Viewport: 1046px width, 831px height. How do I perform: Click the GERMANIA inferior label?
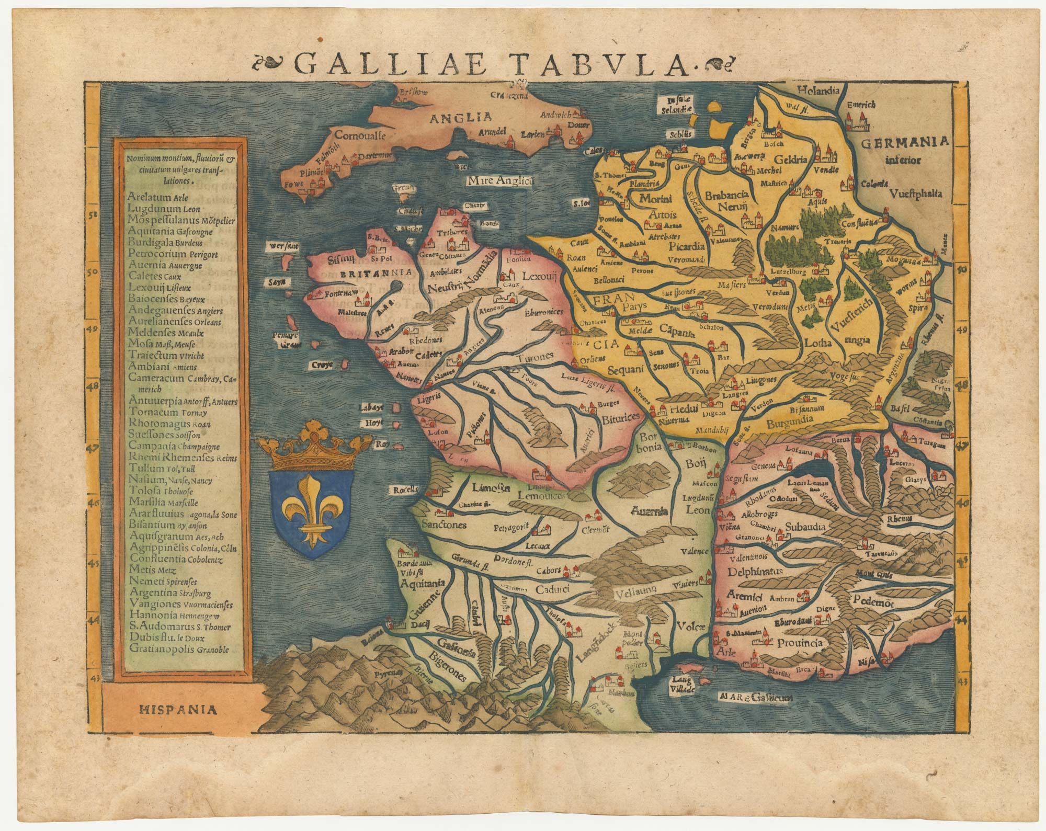[x=906, y=150]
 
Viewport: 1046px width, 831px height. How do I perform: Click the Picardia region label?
[x=685, y=244]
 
